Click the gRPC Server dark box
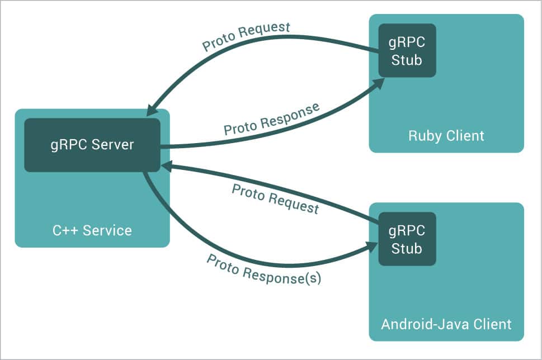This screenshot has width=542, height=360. point(92,145)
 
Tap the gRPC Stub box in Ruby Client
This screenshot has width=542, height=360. point(407,50)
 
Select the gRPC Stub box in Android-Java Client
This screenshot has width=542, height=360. point(407,239)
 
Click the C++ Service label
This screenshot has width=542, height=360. point(92,230)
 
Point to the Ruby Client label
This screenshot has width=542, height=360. point(446,135)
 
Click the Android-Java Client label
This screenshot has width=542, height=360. point(446,324)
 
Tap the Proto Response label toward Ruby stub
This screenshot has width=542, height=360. point(272,119)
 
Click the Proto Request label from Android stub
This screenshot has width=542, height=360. point(275,199)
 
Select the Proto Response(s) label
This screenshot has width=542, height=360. point(264,269)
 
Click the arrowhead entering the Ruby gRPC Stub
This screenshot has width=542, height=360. point(379,83)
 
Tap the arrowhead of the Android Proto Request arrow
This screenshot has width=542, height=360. point(166,165)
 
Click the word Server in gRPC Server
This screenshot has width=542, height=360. point(114,145)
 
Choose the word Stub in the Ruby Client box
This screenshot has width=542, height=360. point(407,59)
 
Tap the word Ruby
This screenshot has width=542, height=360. point(422,135)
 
